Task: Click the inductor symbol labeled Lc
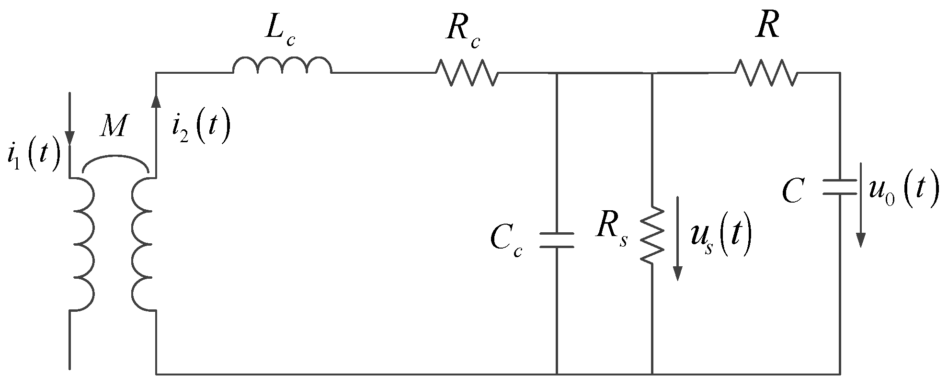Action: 282,66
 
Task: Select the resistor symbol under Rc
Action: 467,73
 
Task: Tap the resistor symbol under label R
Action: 766,73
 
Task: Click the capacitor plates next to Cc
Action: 556,240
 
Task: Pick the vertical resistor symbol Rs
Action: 652,235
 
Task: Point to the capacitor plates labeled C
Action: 839,187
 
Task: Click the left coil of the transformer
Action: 84,244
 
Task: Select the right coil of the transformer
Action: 143,244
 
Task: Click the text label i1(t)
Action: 34,157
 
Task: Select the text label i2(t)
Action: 201,128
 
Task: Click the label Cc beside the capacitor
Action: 506,242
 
